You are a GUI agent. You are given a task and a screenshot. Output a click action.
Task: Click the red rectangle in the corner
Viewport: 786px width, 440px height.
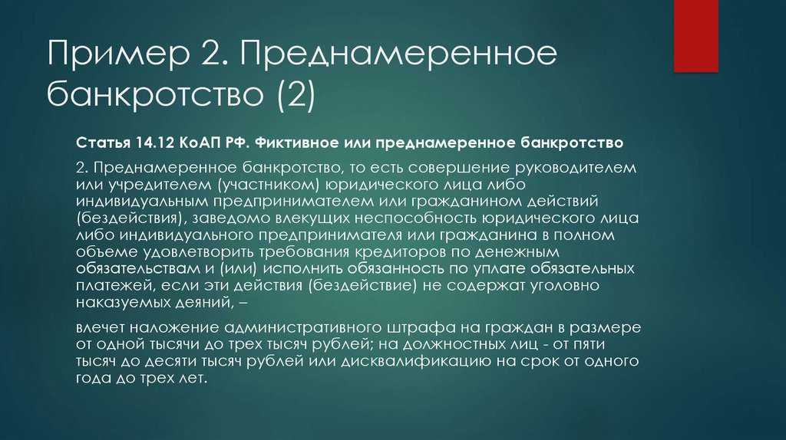coord(695,36)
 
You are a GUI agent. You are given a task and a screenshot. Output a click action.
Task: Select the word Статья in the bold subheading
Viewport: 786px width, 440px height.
coord(103,143)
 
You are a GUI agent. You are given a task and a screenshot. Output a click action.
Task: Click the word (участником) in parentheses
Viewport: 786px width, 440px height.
coord(269,185)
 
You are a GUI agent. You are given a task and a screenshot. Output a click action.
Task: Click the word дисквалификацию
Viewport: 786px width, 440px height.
coord(415,361)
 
